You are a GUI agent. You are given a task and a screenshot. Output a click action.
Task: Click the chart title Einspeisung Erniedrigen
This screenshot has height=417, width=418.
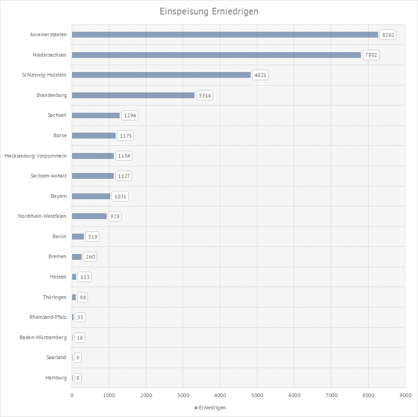click(209, 11)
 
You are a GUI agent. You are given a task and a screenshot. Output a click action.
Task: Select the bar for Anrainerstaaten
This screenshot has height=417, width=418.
click(225, 34)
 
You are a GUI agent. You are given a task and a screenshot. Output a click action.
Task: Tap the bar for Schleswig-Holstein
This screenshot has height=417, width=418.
click(161, 75)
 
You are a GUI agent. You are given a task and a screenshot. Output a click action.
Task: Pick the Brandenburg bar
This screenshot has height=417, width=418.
click(133, 95)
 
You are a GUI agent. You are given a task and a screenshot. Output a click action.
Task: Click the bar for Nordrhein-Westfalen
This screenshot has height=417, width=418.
click(89, 216)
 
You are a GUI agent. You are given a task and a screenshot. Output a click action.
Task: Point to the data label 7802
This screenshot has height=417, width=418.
click(371, 55)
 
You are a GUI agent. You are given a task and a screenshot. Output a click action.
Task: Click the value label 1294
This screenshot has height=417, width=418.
click(130, 115)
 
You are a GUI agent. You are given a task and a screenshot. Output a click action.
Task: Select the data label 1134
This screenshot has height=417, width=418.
click(124, 156)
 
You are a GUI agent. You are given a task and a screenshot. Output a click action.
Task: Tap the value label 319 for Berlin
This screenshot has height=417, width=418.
click(92, 236)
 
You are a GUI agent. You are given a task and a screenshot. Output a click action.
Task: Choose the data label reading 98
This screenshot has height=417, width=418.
click(82, 297)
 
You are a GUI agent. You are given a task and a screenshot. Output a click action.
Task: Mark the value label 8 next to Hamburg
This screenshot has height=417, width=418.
click(78, 378)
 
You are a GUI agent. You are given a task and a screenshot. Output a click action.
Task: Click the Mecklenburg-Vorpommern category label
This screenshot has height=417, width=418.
click(35, 156)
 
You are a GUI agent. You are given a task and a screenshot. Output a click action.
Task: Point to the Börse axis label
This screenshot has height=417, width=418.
click(60, 135)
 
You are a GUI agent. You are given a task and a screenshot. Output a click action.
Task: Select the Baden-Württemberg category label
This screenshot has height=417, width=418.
click(43, 337)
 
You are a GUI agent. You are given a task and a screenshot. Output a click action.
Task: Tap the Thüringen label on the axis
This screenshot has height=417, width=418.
click(54, 297)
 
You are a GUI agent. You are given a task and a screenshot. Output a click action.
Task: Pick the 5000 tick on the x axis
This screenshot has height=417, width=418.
click(257, 396)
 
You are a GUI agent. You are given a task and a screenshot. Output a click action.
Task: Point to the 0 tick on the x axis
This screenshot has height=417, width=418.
click(72, 396)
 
